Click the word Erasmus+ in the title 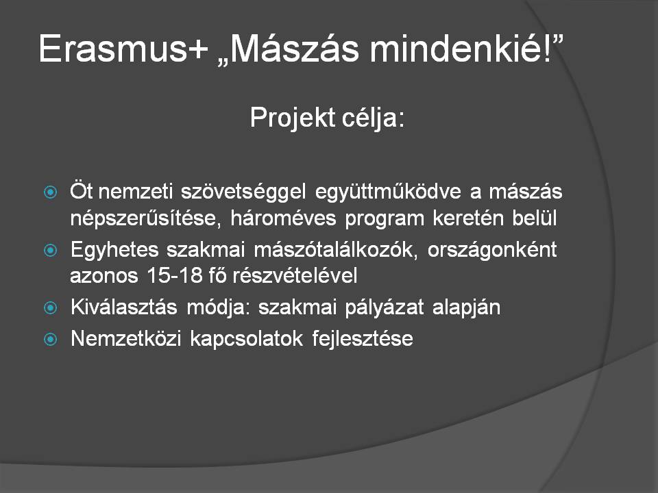(x=123, y=49)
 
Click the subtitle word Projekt (x=292, y=118)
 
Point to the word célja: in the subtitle (x=374, y=117)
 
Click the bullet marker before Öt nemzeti (x=50, y=192)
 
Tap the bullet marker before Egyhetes (x=50, y=251)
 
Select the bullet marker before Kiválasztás (x=50, y=307)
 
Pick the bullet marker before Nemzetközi (x=50, y=339)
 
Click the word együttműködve (x=388, y=192)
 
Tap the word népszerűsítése (x=145, y=218)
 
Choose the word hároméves (x=283, y=218)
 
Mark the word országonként (x=492, y=251)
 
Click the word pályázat (x=385, y=307)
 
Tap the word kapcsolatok (x=246, y=339)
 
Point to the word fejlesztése (x=363, y=339)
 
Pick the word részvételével (x=295, y=276)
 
